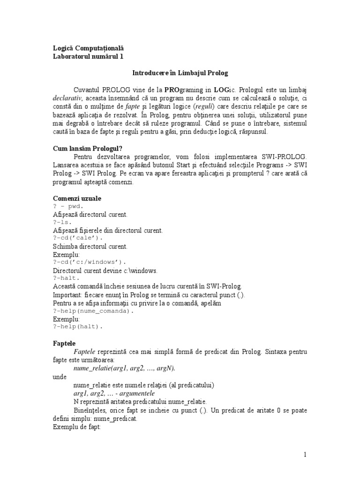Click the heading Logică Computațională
(x=88, y=48)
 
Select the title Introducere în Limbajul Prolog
(x=180, y=74)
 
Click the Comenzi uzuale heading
(x=76, y=199)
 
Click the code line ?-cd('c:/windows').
(x=90, y=262)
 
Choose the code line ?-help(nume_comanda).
(x=93, y=310)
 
